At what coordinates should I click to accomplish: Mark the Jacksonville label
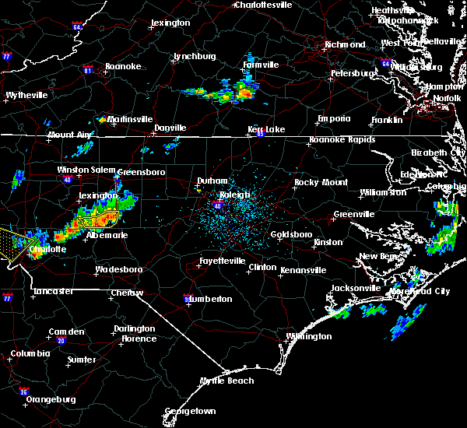tap(356, 288)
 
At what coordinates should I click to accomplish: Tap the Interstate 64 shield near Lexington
tap(77, 26)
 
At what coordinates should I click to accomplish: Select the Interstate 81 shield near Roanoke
tap(88, 70)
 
